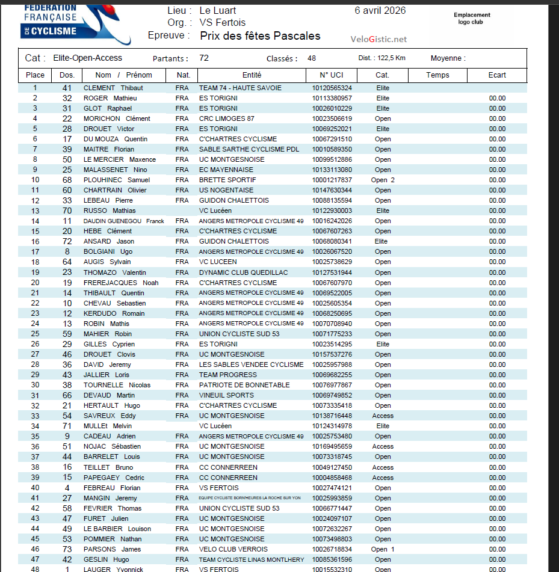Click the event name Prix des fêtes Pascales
[260, 36]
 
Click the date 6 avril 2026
[380, 10]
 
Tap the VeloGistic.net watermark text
[378, 39]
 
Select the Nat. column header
[183, 75]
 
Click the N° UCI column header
[332, 75]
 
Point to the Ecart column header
[497, 75]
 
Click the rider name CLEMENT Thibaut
[113, 88]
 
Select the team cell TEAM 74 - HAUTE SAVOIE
[240, 88]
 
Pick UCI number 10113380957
[332, 98]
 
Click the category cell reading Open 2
[383, 180]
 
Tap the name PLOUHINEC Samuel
[116, 180]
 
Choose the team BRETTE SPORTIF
[227, 180]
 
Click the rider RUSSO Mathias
[109, 211]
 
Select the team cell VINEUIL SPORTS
[226, 395]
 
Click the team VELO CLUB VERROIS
[233, 549]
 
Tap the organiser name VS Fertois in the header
[222, 23]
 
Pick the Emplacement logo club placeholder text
[472, 19]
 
